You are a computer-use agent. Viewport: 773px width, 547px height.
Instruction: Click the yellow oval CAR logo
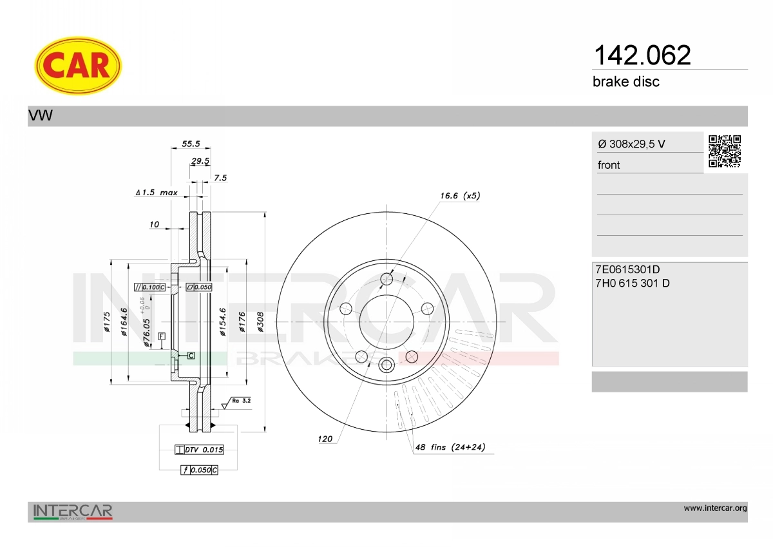coord(78,66)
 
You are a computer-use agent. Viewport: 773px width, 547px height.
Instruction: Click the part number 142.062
coord(642,55)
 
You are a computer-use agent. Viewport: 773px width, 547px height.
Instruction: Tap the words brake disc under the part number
coord(626,82)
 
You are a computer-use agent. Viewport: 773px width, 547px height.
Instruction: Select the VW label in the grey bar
coord(41,115)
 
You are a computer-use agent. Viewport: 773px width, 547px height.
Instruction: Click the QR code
coord(725,151)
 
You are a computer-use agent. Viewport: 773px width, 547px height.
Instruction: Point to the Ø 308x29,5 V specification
coord(631,144)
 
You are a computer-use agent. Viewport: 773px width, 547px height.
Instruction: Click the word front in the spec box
coord(609,165)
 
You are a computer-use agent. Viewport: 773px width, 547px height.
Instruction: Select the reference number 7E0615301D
coord(627,269)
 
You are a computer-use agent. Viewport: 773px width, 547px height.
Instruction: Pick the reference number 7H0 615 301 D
coord(632,283)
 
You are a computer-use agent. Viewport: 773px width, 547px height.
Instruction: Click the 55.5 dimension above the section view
coord(191,144)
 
